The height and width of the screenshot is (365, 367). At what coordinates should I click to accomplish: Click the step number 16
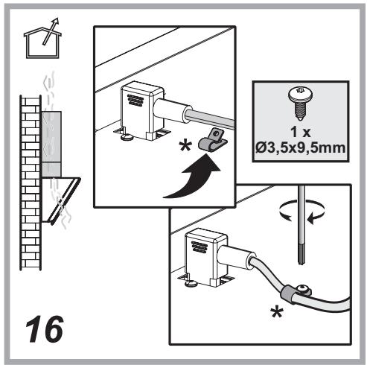45,329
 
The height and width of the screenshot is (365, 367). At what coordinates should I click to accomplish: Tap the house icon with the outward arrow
42,39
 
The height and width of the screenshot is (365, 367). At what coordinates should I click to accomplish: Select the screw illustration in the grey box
300,104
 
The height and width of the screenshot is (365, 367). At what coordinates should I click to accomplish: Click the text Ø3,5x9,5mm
300,148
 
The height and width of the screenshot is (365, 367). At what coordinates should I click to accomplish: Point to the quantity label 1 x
301,132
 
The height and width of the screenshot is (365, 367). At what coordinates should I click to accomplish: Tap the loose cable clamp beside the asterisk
213,141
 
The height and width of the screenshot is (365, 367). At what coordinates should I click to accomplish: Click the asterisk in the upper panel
185,146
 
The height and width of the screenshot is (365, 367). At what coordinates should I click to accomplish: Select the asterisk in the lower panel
277,312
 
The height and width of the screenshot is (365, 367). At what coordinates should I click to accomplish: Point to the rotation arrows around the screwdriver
301,211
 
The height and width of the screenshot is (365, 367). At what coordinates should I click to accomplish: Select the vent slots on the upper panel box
135,100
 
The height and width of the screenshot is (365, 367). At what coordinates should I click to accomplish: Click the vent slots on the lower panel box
200,247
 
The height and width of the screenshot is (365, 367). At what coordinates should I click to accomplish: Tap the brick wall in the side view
31,182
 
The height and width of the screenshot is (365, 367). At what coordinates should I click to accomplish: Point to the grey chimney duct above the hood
51,144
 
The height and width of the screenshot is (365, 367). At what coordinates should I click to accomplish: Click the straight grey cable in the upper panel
210,119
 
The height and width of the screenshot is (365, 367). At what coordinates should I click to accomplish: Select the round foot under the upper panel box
127,137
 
